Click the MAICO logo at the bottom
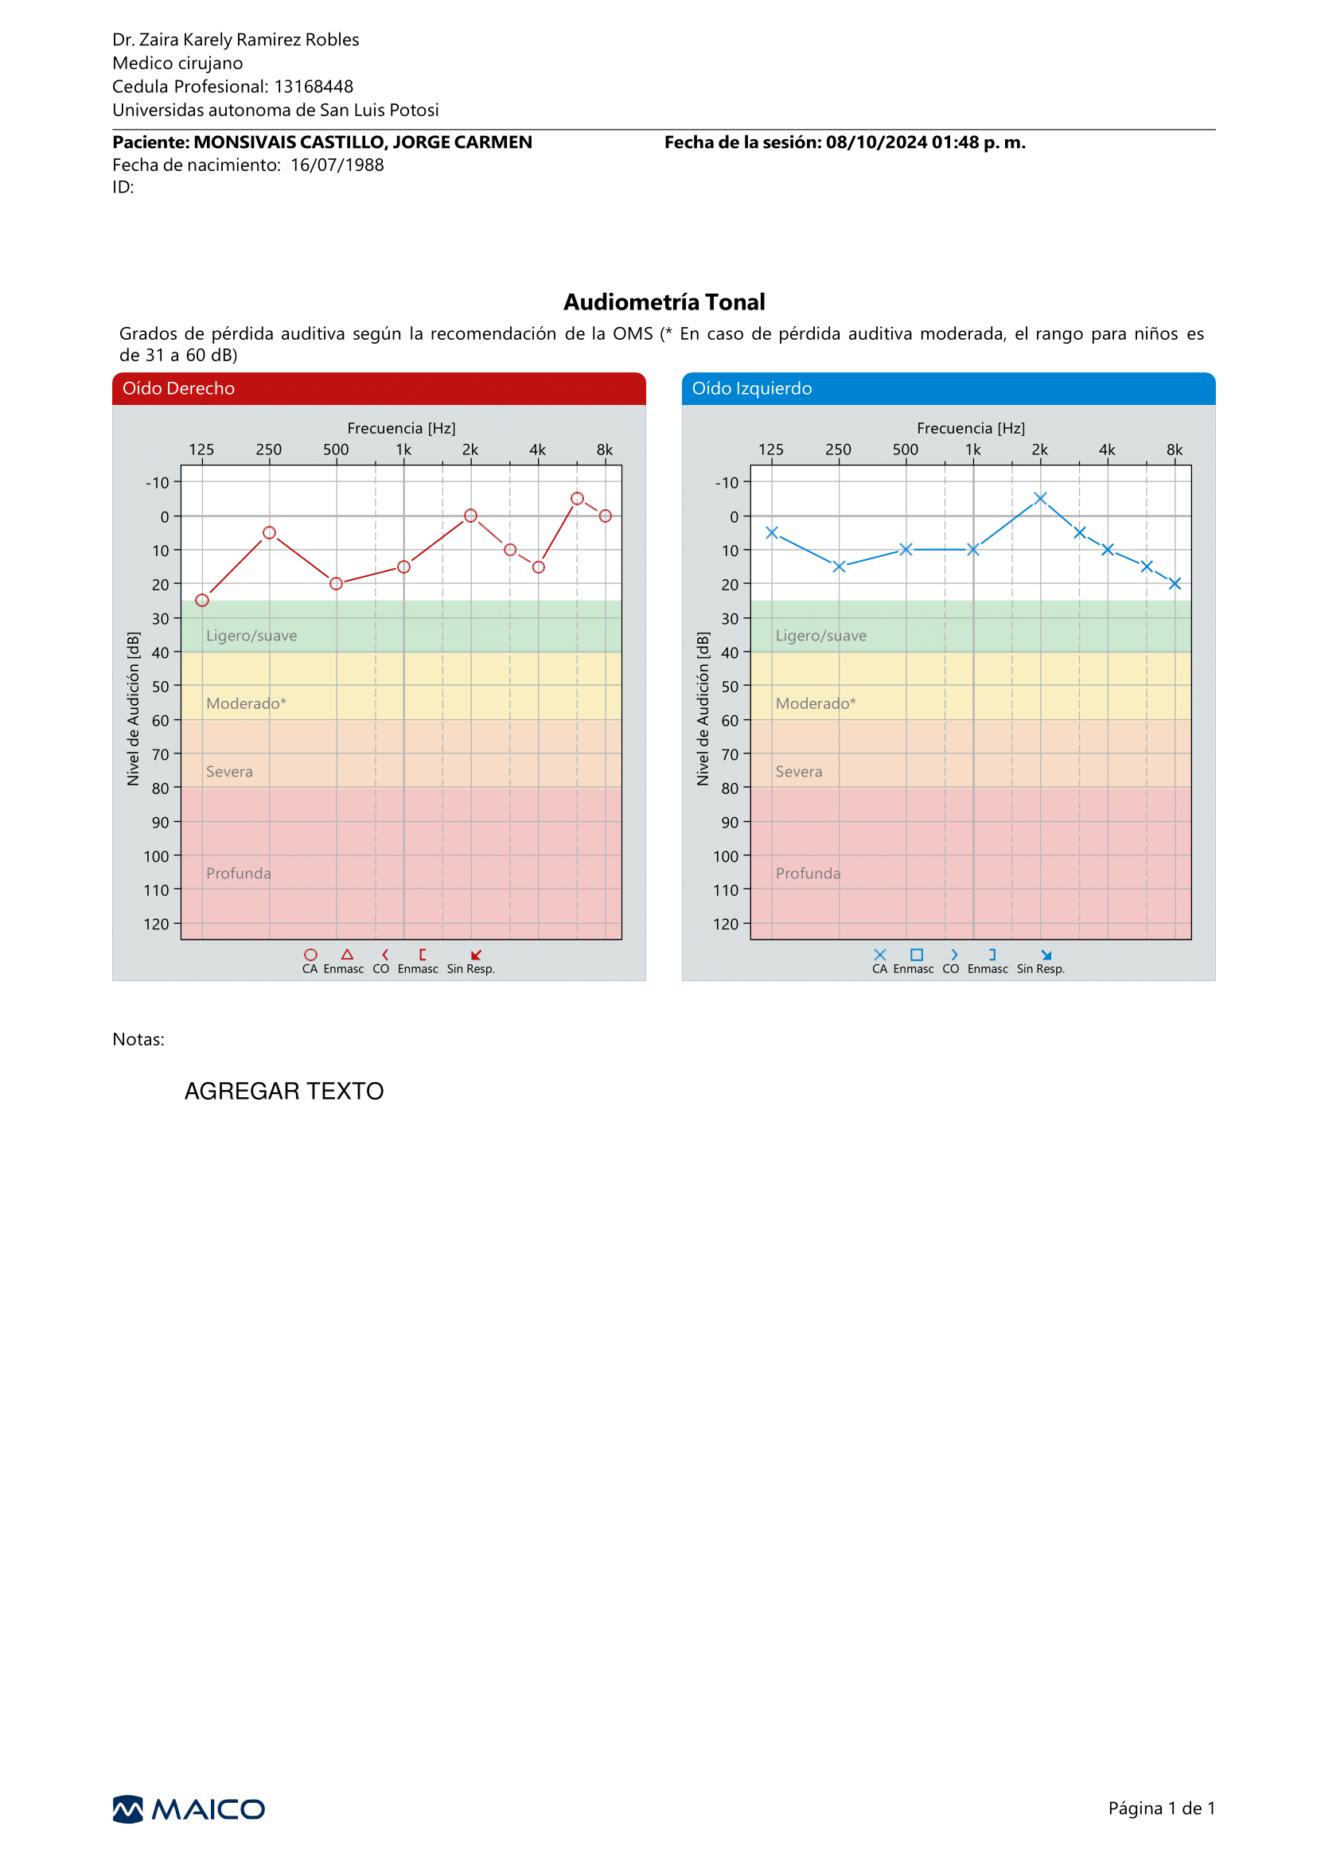188,1809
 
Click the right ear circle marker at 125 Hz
202,600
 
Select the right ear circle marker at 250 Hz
269,533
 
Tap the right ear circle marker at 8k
605,516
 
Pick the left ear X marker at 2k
1040,498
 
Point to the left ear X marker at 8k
1175,583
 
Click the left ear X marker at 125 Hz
772,533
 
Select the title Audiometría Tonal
664,302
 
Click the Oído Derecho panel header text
178,388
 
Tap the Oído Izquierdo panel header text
752,388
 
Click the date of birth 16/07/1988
337,165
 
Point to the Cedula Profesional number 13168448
314,87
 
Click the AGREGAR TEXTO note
284,1091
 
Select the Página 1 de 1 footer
1161,1808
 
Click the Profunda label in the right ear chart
239,874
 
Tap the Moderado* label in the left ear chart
816,703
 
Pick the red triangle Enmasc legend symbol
347,955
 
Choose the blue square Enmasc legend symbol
917,955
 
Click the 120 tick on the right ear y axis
157,925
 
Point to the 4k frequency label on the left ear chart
1107,450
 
